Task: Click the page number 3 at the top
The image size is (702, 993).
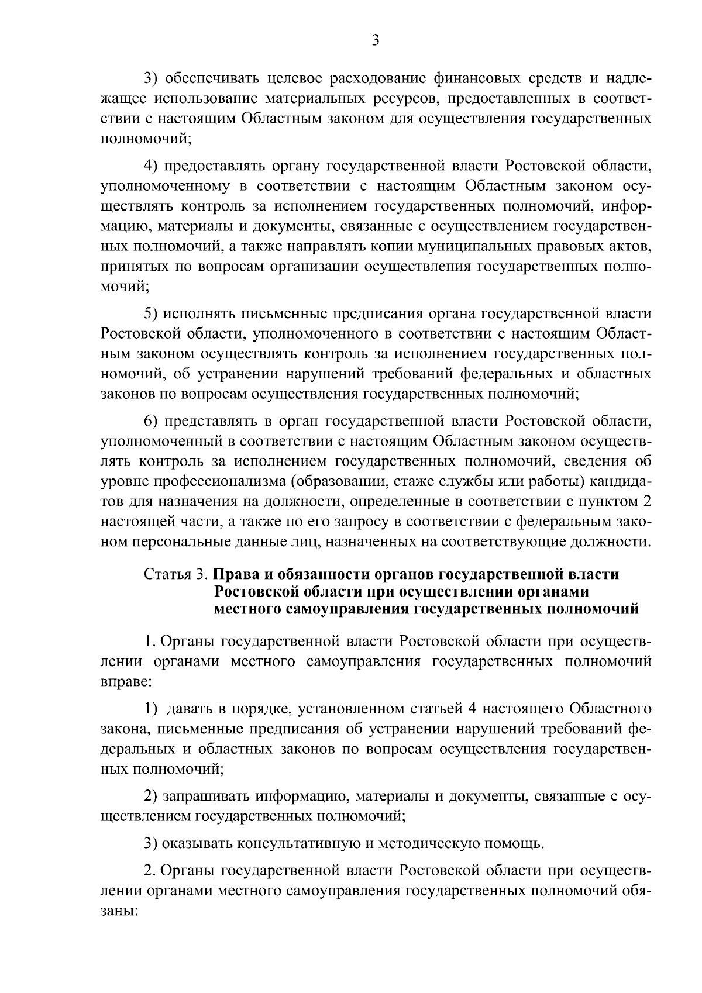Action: pos(376,40)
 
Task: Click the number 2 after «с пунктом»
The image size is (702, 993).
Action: pos(646,501)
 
